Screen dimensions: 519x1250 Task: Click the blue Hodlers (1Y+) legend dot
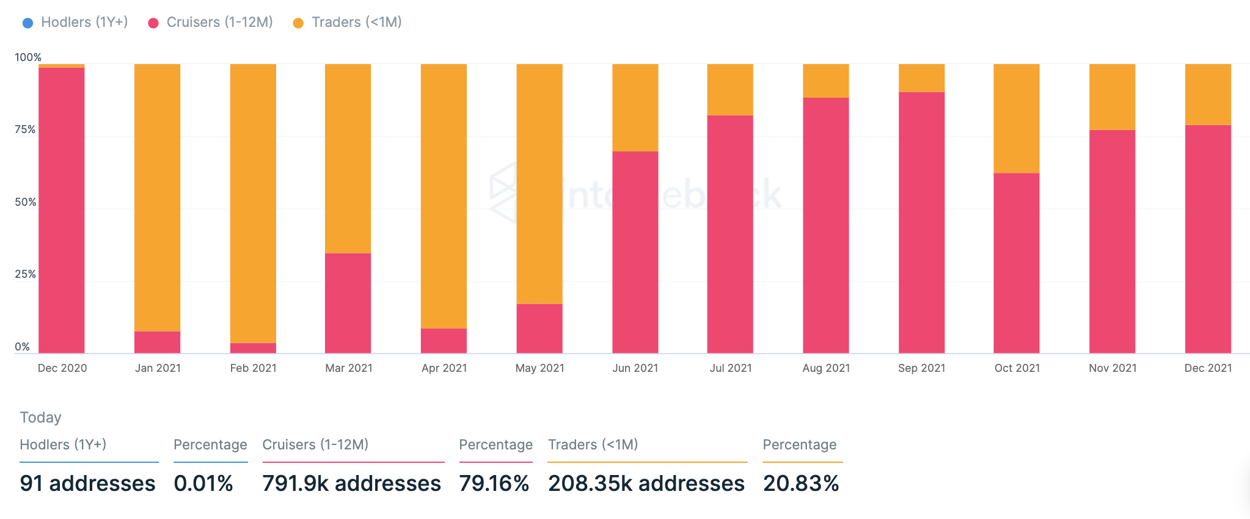point(27,23)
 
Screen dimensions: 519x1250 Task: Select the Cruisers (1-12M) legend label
point(219,23)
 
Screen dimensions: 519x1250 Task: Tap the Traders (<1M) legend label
point(356,23)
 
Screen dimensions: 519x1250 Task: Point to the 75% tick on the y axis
point(25,129)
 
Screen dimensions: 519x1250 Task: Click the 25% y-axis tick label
point(25,274)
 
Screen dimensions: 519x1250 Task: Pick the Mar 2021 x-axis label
point(349,368)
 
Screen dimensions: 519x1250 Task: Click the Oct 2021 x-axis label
point(1017,368)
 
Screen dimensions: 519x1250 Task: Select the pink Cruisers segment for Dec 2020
point(62,211)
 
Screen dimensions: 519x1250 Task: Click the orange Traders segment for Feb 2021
point(253,203)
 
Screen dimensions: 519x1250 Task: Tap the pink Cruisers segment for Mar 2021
point(348,303)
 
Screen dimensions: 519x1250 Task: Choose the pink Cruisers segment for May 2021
point(539,328)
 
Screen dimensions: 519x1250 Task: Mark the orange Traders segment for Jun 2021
point(635,107)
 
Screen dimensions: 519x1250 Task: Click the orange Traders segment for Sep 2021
point(921,78)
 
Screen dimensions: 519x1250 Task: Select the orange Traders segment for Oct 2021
point(1017,118)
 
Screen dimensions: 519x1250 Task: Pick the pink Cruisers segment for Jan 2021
point(157,343)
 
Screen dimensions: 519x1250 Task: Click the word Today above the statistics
point(40,418)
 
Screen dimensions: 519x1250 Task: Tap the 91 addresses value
point(87,484)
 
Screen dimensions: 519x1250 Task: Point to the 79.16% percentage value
point(494,484)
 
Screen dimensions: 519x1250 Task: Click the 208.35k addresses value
point(646,484)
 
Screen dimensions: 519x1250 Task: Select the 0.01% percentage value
point(203,484)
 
